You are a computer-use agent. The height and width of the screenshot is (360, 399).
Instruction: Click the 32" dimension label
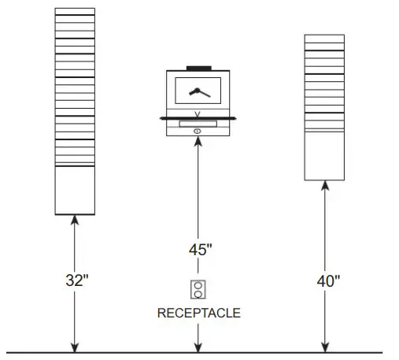[75, 279]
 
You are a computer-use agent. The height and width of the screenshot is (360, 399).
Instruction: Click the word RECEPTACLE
[198, 313]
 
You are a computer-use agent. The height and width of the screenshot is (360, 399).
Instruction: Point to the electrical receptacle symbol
[198, 289]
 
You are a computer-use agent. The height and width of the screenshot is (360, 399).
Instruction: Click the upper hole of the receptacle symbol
[198, 284]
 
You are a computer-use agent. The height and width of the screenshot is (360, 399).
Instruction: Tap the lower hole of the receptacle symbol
[198, 294]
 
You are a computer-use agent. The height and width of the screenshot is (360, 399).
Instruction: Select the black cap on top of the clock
[198, 68]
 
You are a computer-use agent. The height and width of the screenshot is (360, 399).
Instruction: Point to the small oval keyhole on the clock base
[198, 130]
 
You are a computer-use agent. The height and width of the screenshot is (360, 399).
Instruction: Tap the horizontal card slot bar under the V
[198, 122]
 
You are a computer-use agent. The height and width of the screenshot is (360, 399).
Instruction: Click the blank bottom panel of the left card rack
[75, 191]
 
